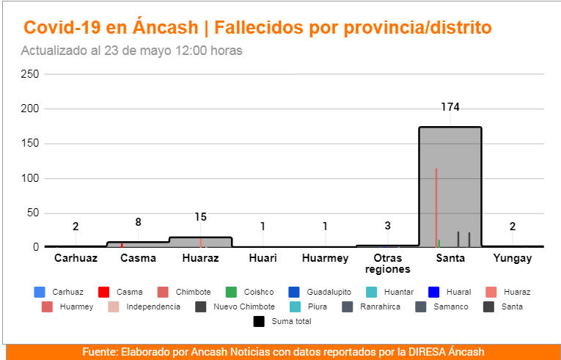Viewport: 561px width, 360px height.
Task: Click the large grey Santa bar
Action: coord(450,187)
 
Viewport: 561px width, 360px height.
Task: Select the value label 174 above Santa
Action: coord(450,107)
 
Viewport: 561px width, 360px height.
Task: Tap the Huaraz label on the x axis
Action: coord(200,259)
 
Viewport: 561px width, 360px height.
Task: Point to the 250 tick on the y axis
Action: coord(30,74)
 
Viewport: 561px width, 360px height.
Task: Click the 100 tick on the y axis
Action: coord(30,178)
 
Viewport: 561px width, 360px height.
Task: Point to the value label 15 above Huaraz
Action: coord(200,217)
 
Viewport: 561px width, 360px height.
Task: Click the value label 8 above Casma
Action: coord(138,222)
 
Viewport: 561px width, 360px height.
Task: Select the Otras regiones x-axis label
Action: coord(387,263)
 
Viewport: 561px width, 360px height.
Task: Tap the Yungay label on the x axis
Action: coord(513,259)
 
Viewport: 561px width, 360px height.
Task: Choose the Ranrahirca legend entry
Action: coord(380,306)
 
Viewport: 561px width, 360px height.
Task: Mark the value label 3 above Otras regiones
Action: coord(387,226)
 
